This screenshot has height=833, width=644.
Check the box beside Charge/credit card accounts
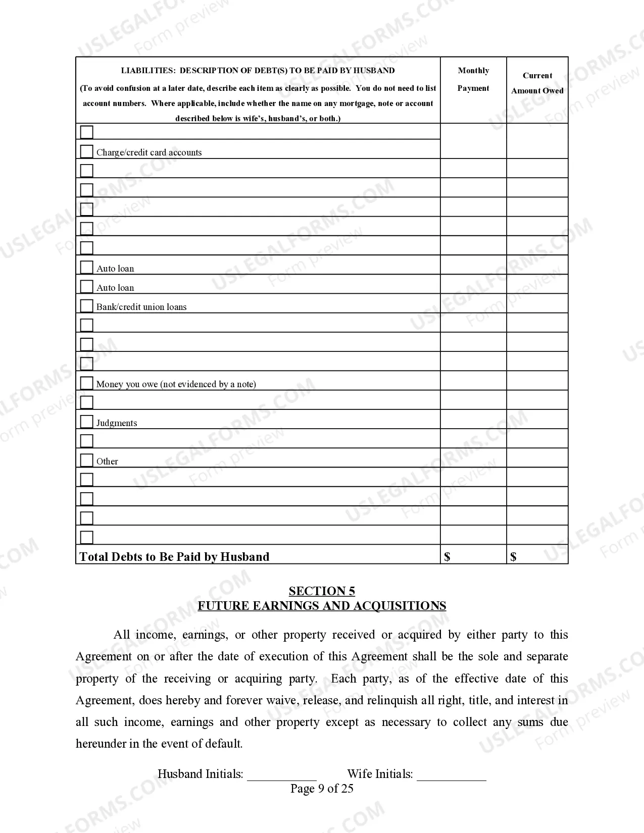(x=87, y=151)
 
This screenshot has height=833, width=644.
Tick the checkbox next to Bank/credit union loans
(x=87, y=306)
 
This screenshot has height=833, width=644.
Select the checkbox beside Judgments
(x=87, y=422)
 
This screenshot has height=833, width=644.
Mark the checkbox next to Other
(x=87, y=460)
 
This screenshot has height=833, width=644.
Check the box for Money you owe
(x=87, y=383)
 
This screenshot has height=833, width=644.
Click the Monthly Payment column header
(x=473, y=79)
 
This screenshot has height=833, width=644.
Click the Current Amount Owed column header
(x=537, y=83)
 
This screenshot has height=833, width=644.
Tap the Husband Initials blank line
(x=281, y=775)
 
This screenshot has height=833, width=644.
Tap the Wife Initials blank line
(x=451, y=775)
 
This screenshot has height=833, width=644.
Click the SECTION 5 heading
(x=322, y=591)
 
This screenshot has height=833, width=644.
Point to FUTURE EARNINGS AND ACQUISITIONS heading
(x=322, y=606)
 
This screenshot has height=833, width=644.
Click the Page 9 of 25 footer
(x=322, y=789)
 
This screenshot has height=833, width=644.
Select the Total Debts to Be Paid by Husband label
(x=174, y=557)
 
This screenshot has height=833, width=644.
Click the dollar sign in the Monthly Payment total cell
(x=447, y=557)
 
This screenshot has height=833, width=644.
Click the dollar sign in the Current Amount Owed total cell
(x=513, y=557)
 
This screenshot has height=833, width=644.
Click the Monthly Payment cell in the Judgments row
(x=473, y=419)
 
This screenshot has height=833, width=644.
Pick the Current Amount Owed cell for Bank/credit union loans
(x=537, y=303)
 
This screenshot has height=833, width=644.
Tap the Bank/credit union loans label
(x=141, y=307)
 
